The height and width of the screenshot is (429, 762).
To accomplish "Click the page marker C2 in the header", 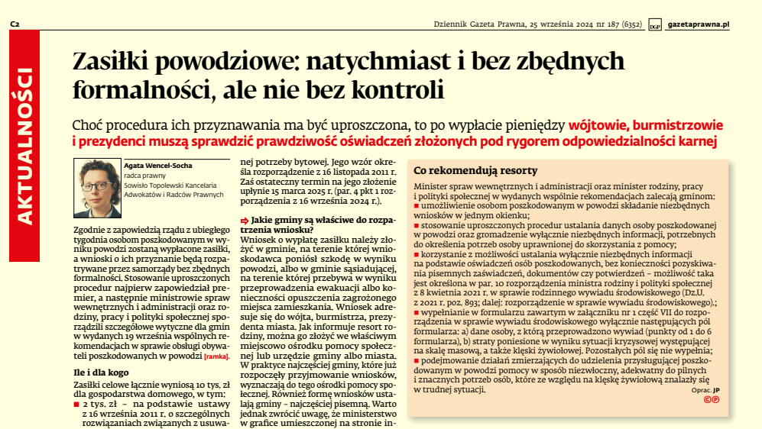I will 15,24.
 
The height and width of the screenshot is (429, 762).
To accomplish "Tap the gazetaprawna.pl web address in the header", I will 698,24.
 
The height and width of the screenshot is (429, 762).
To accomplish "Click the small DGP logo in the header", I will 654,25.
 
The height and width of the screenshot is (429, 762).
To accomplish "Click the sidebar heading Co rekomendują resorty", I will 475,170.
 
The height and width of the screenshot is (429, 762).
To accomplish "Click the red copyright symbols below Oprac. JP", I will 711,399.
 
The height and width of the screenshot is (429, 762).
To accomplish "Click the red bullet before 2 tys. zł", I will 76,403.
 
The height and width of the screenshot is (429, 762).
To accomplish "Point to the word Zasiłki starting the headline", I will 115,60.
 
